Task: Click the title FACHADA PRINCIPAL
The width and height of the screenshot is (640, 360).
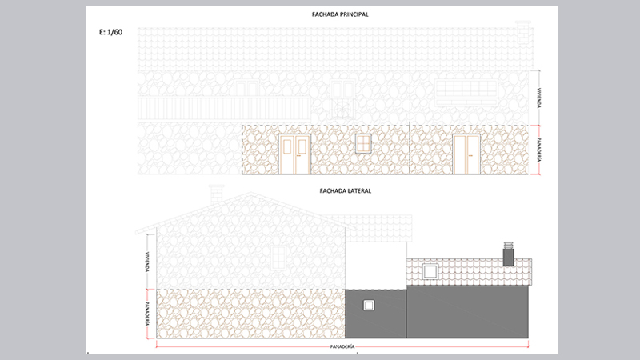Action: tap(340, 14)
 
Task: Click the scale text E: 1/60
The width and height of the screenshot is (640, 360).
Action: tap(110, 32)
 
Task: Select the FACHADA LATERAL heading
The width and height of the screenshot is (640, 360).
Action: tap(346, 190)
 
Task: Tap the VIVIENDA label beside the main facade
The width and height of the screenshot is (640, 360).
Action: tap(539, 98)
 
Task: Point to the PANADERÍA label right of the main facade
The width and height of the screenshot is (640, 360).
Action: tap(539, 150)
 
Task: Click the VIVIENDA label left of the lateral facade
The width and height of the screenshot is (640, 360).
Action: tap(147, 262)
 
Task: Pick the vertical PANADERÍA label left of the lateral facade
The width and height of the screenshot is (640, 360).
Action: tap(147, 314)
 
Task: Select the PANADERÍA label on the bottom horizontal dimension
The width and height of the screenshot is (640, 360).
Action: tap(342, 346)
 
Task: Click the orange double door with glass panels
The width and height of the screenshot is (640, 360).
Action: tap(294, 154)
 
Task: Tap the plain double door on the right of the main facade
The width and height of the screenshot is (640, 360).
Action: tap(466, 154)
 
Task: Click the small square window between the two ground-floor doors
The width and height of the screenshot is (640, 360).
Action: tap(363, 144)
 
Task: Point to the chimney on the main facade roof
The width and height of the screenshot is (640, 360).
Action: tap(523, 32)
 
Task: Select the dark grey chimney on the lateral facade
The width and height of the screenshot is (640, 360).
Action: tap(508, 254)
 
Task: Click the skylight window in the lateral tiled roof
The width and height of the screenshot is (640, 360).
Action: tap(430, 271)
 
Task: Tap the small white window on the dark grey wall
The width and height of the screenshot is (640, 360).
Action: tap(369, 306)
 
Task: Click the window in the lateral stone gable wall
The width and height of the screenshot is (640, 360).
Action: tap(278, 258)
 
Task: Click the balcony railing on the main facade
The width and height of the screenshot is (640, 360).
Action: tap(224, 109)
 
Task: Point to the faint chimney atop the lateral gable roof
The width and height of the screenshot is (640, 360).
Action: tap(216, 194)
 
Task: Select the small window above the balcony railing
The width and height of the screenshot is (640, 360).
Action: tap(246, 88)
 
